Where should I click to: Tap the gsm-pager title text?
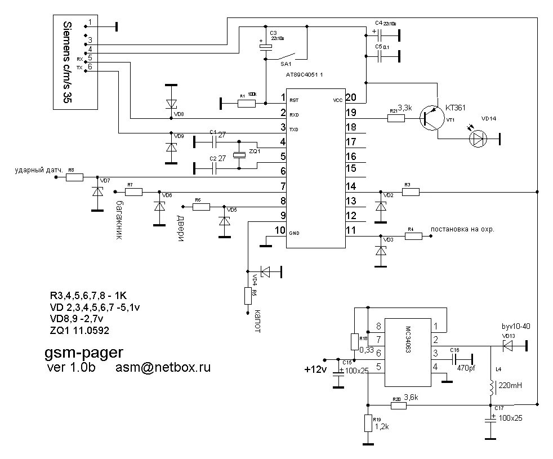coord(84,353)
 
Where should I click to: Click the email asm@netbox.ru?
coord(163,368)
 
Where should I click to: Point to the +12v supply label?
coord(314,370)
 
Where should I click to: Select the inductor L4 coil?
coord(491,387)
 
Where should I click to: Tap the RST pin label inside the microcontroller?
coord(294,100)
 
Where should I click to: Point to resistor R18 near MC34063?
coord(354,342)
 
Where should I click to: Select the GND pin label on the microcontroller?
coord(295,233)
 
